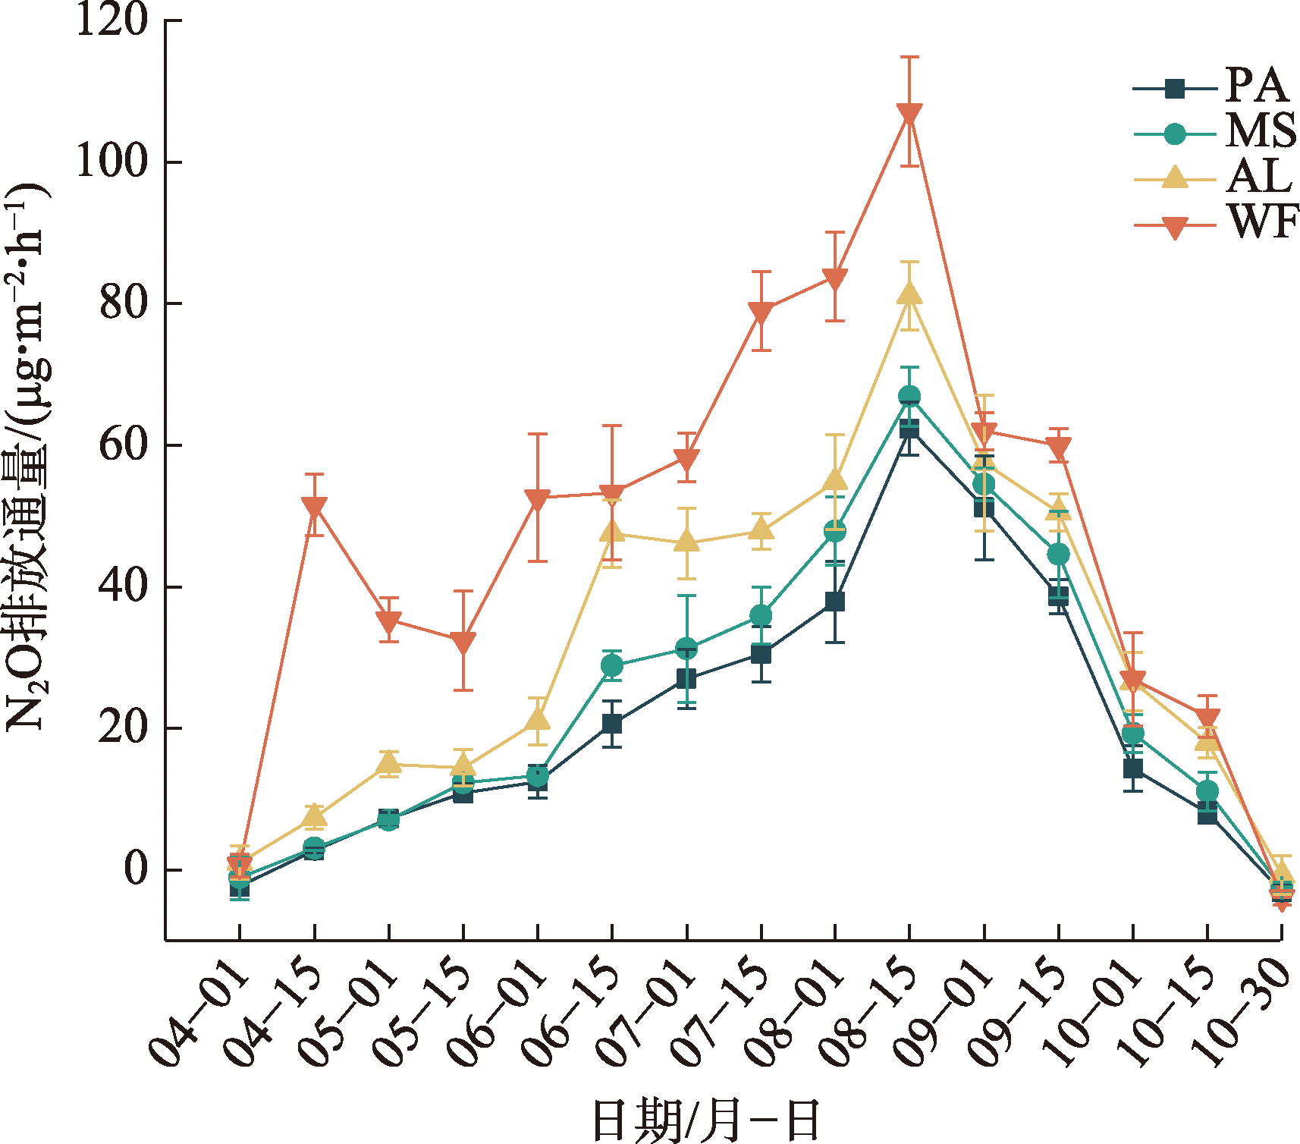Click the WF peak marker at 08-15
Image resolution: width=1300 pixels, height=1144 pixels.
pos(909,115)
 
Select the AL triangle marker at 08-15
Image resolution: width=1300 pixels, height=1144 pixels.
pos(909,294)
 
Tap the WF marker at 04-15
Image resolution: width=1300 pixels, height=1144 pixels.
pos(314,508)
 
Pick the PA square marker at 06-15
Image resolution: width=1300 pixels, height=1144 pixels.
pos(611,724)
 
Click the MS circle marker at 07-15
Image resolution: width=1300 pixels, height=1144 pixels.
pos(761,615)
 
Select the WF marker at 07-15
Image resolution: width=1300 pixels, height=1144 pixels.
pos(761,313)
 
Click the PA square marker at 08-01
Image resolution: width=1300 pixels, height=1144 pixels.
pos(834,602)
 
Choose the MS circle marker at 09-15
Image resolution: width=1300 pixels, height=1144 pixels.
pos(1058,555)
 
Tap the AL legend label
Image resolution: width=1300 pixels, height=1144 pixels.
pos(1259,177)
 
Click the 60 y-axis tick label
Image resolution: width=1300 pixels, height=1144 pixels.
pos(124,445)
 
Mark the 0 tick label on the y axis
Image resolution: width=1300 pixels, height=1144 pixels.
pos(137,869)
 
